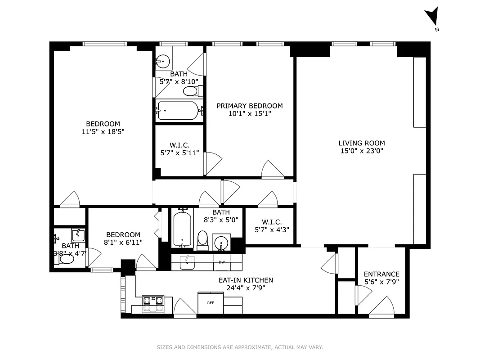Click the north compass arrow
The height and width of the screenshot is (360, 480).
[432, 17]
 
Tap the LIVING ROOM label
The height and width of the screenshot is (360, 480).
[362, 143]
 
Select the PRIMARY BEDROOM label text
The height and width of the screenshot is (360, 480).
[250, 106]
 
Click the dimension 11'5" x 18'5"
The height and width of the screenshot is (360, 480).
[103, 132]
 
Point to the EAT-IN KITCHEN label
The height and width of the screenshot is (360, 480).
[246, 280]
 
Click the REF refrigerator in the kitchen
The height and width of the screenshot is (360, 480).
[211, 303]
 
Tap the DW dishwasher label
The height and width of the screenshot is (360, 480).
[221, 262]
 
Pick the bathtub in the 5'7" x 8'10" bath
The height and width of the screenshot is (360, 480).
[178, 111]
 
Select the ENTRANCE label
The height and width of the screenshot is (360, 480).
[381, 274]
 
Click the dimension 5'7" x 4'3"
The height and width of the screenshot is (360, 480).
[272, 229]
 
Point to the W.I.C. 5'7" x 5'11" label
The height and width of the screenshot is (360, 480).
[179, 149]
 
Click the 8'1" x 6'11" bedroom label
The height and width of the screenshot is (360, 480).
[123, 238]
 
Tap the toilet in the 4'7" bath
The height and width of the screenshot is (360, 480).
[67, 259]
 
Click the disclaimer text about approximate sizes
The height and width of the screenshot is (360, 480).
[240, 347]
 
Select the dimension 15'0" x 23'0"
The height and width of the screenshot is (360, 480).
[362, 151]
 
